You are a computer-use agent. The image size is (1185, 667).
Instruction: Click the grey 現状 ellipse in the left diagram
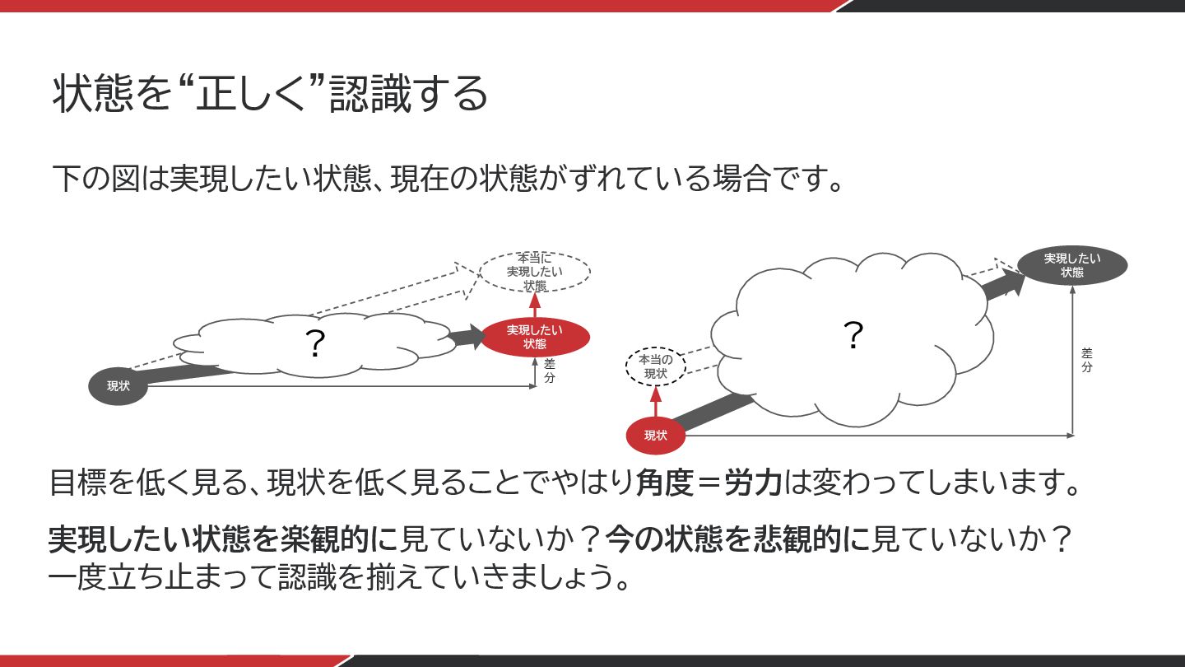[x=118, y=386]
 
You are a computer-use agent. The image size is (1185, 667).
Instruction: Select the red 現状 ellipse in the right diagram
[x=655, y=436]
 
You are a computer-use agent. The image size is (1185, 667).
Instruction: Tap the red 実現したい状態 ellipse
[x=535, y=337]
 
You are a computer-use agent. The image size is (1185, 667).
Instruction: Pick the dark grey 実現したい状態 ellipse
[x=1071, y=265]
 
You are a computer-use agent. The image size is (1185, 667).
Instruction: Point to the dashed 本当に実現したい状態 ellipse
[x=535, y=272]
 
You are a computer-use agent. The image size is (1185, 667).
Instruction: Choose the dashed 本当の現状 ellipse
[x=655, y=366]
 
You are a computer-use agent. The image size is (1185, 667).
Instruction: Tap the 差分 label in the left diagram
[x=550, y=371]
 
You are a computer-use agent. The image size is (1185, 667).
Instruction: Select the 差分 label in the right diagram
[x=1086, y=360]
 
